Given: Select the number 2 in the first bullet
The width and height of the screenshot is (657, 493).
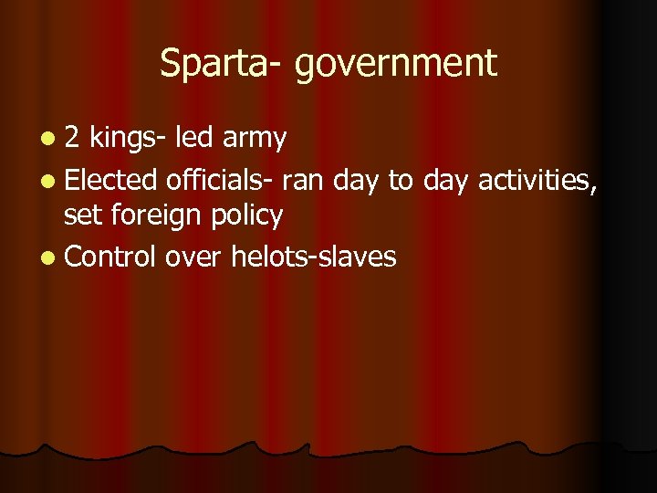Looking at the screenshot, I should pos(73,138).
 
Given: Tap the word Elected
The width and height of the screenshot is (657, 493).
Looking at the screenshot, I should pos(111,180).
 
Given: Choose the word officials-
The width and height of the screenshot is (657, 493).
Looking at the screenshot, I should pos(220,180).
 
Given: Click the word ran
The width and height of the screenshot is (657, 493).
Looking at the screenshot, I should pos(304,182).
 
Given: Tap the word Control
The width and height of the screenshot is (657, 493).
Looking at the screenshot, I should pos(110,257).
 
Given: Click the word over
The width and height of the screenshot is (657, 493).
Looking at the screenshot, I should pos(194,258).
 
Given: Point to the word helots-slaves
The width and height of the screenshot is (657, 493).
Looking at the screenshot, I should pos(313,257).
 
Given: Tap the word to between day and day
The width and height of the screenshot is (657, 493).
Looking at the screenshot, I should pos(401,181).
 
